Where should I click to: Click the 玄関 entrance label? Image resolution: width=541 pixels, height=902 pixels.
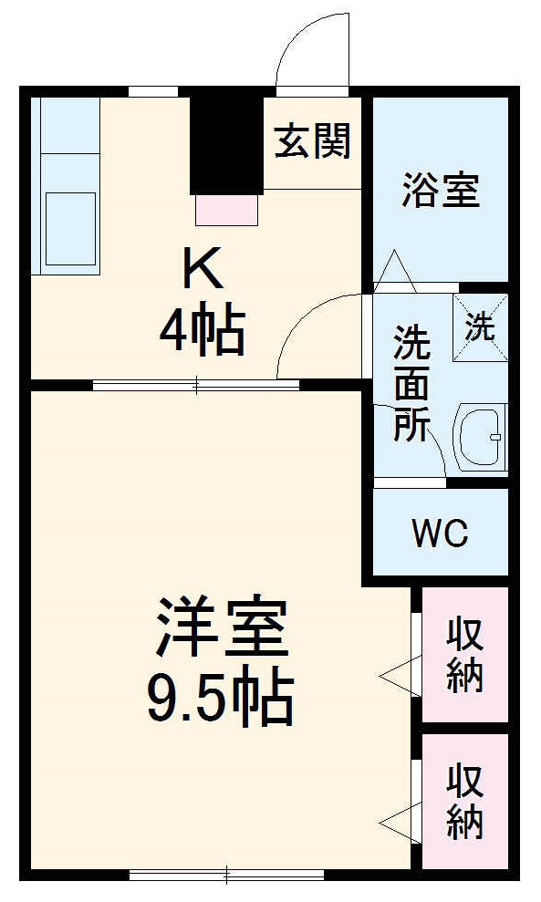(313, 142)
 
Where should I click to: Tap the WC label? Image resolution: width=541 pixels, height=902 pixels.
(440, 534)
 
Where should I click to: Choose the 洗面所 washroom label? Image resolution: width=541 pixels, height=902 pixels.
(411, 383)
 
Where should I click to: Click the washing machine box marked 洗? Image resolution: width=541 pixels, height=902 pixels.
(481, 327)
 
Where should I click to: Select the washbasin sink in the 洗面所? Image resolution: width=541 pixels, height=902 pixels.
(481, 439)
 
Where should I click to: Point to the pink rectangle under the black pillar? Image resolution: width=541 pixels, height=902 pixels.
(227, 209)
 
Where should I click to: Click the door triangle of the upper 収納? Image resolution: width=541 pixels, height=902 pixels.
(399, 675)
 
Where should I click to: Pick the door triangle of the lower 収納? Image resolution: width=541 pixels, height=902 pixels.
(399, 821)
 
